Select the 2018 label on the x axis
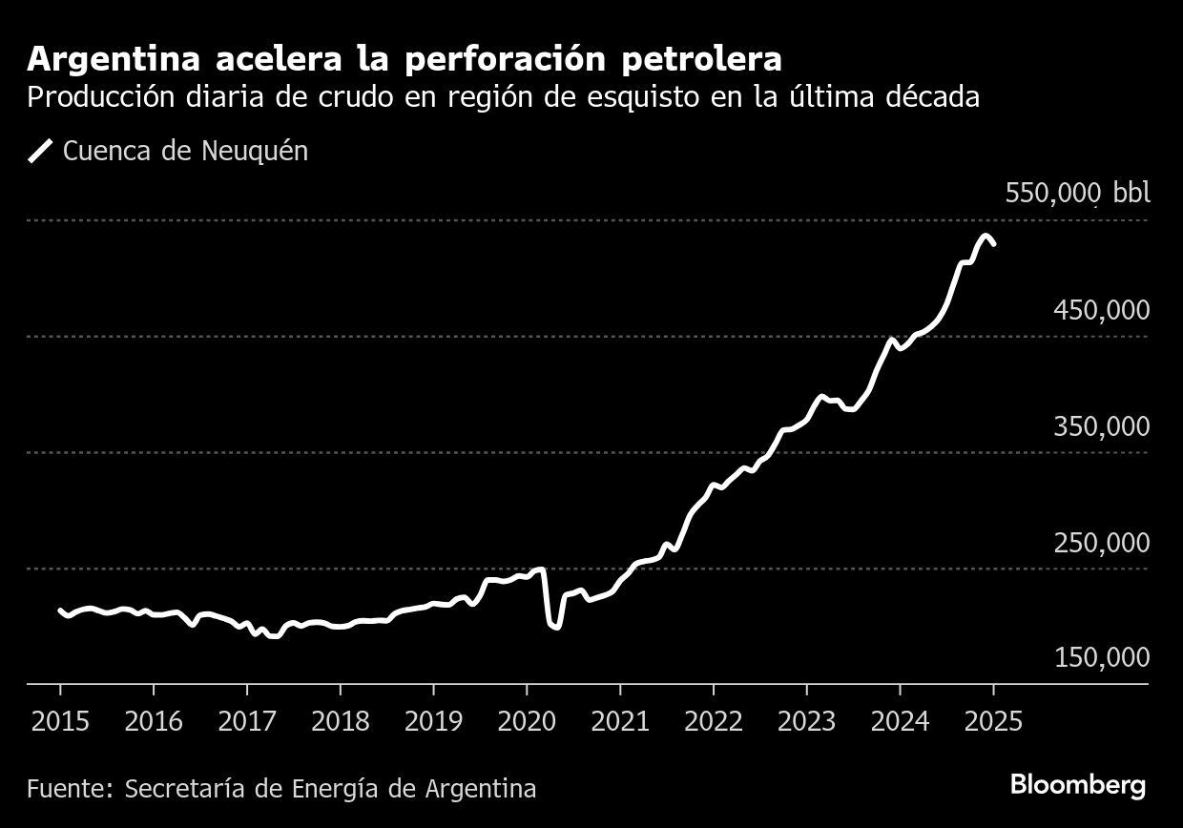(340, 719)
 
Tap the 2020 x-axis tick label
(526, 719)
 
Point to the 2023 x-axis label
(806, 719)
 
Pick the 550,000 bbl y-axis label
(1077, 194)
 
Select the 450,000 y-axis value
(1101, 310)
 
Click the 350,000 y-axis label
(1101, 426)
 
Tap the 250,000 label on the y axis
(1101, 543)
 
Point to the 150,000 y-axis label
(1101, 658)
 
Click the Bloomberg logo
(1077, 786)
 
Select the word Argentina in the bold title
(113, 59)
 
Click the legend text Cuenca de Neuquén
(185, 151)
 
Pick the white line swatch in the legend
(40, 151)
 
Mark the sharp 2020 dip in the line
(554, 626)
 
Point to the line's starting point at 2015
(60, 611)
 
